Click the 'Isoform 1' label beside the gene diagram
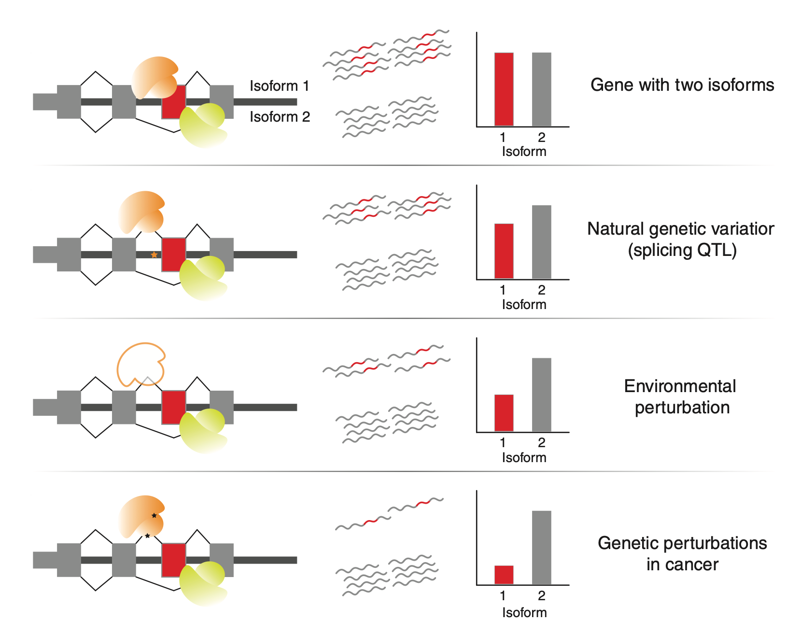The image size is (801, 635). click(x=279, y=86)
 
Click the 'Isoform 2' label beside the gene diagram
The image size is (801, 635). click(x=280, y=117)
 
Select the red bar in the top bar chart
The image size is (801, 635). click(x=504, y=89)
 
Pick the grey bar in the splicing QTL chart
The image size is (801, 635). click(x=541, y=242)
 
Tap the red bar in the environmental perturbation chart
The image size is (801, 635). click(x=504, y=413)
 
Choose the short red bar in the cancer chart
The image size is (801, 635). click(x=504, y=575)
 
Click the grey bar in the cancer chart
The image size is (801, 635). click(x=541, y=548)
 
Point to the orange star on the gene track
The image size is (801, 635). click(x=154, y=254)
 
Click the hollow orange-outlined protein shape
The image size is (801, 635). click(x=140, y=364)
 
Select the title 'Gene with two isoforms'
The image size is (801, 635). click(x=682, y=85)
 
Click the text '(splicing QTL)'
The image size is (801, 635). click(x=682, y=250)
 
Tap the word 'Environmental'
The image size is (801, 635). click(x=680, y=386)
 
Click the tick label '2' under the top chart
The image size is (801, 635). click(x=542, y=138)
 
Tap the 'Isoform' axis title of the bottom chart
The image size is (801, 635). click(x=524, y=612)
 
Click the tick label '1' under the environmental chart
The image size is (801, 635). click(x=503, y=443)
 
